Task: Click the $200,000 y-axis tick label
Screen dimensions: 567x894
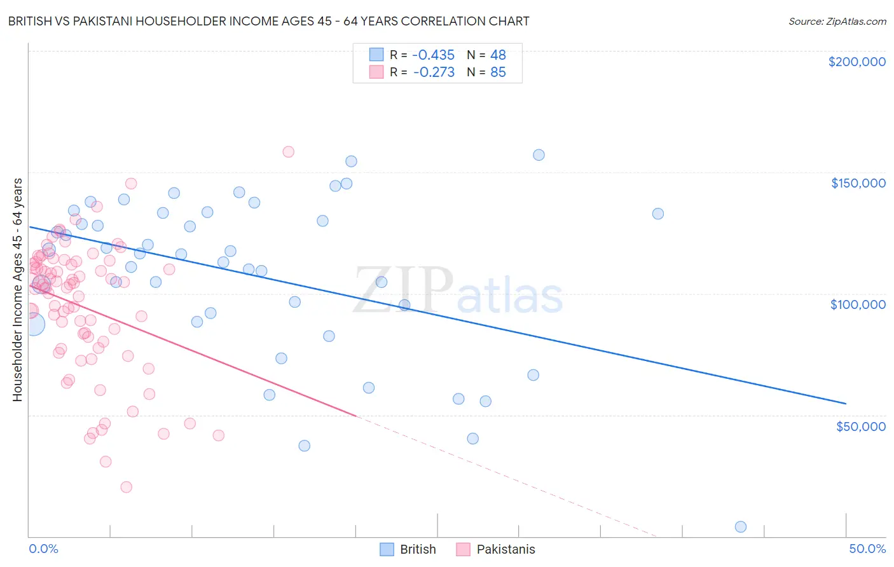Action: click(x=856, y=62)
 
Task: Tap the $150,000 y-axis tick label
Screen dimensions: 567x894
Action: click(x=858, y=183)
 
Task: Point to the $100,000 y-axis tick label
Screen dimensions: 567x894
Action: click(x=858, y=304)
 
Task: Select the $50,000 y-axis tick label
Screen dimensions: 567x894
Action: click(x=860, y=426)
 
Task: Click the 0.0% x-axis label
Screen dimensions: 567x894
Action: click(x=43, y=549)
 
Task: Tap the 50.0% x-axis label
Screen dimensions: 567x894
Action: click(x=867, y=549)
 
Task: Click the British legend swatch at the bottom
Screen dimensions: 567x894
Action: click(x=387, y=549)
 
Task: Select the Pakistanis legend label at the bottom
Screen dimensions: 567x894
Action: click(x=505, y=549)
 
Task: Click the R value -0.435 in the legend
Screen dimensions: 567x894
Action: click(x=434, y=55)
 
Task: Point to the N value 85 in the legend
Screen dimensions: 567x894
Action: click(x=498, y=72)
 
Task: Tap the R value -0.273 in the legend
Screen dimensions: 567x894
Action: click(x=434, y=72)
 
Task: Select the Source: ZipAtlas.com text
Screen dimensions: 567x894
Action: click(x=837, y=21)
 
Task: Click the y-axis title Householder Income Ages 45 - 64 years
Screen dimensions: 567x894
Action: click(x=18, y=289)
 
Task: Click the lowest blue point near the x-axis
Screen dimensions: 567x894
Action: click(x=740, y=526)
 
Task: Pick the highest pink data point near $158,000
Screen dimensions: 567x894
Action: click(x=288, y=152)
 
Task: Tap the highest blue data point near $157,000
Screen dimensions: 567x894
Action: click(x=539, y=155)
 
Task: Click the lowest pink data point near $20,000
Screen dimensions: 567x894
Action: click(x=126, y=487)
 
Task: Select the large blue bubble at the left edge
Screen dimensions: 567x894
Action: click(x=33, y=324)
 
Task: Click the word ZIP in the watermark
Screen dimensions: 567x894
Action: click(x=402, y=290)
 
